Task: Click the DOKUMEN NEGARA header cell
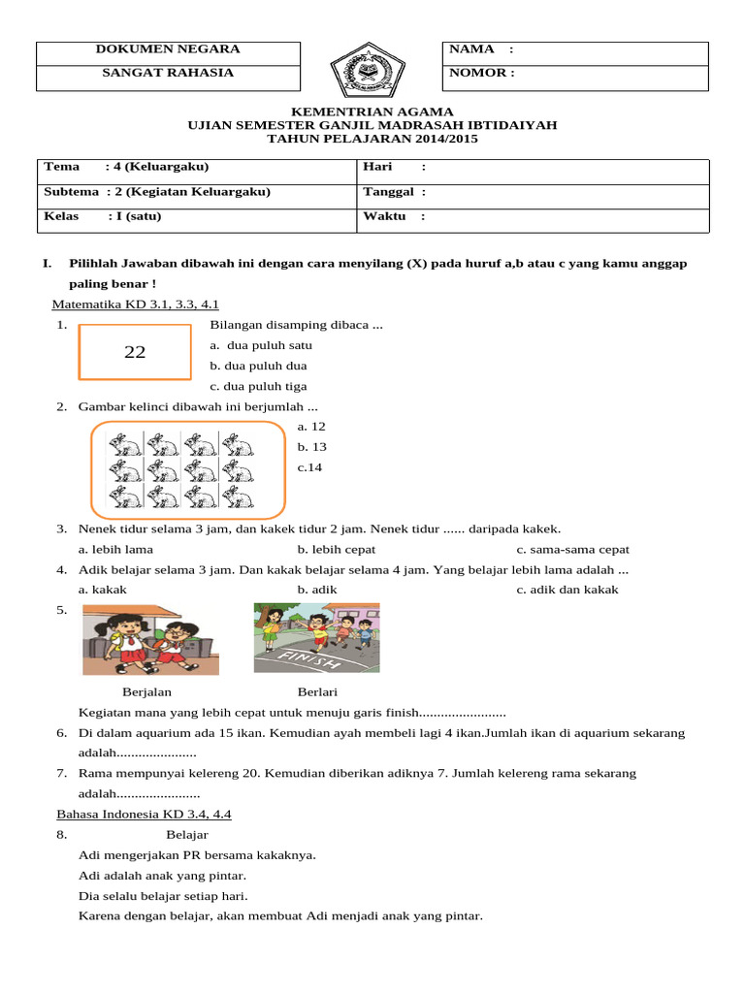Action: pyautogui.click(x=168, y=49)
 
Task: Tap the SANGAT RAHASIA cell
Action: pyautogui.click(x=168, y=73)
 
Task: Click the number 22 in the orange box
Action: pyautogui.click(x=135, y=353)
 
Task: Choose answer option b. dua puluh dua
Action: pyautogui.click(x=258, y=366)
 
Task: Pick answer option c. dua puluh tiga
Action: pyautogui.click(x=258, y=386)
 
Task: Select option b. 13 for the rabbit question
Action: pyautogui.click(x=311, y=447)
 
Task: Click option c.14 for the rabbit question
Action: pyautogui.click(x=309, y=467)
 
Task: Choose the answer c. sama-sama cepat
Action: pyautogui.click(x=572, y=550)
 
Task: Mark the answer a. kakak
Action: pyautogui.click(x=103, y=590)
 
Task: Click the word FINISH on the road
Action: pyautogui.click(x=309, y=661)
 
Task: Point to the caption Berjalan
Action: pyautogui.click(x=146, y=692)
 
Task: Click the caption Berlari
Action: pyautogui.click(x=317, y=692)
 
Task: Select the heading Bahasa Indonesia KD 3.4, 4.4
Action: pyautogui.click(x=144, y=815)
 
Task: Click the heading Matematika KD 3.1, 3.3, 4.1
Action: pyautogui.click(x=142, y=304)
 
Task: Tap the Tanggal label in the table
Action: pyautogui.click(x=389, y=192)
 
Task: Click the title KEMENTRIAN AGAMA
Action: pyautogui.click(x=372, y=112)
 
